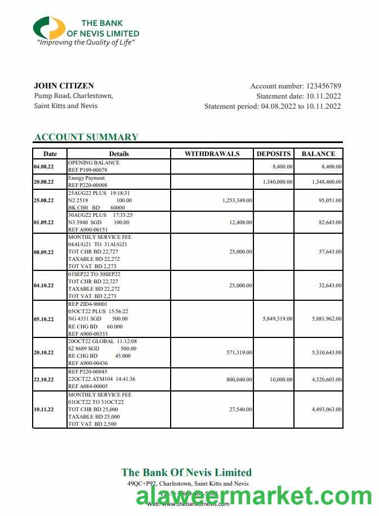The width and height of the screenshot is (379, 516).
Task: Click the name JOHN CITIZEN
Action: pyautogui.click(x=64, y=86)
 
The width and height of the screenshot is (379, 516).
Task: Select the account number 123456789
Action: pyautogui.click(x=323, y=86)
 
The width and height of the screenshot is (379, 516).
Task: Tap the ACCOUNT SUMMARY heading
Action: pyautogui.click(x=86, y=137)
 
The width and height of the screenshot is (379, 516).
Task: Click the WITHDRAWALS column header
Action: pyautogui.click(x=212, y=153)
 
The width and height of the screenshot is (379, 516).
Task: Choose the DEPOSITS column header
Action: pyautogui.click(x=274, y=153)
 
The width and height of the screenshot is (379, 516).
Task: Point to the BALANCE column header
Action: pyautogui.click(x=318, y=153)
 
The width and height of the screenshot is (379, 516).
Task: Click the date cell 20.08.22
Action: pyautogui.click(x=44, y=182)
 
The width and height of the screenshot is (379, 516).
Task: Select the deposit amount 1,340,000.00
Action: pyautogui.click(x=277, y=182)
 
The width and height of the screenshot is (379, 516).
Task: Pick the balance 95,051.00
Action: pyautogui.click(x=329, y=200)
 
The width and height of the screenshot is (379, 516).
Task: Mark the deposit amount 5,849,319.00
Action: pyautogui.click(x=277, y=319)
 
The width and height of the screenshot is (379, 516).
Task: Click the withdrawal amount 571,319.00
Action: pyautogui.click(x=239, y=353)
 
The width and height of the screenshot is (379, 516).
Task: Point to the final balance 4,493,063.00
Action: pyautogui.click(x=327, y=410)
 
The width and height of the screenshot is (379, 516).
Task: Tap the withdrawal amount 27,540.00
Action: pyautogui.click(x=240, y=410)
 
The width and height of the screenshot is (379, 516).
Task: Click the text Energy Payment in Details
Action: pyautogui.click(x=86, y=178)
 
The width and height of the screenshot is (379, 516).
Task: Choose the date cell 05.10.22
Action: pyautogui.click(x=44, y=319)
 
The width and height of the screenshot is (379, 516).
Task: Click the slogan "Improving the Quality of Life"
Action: pyautogui.click(x=86, y=42)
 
